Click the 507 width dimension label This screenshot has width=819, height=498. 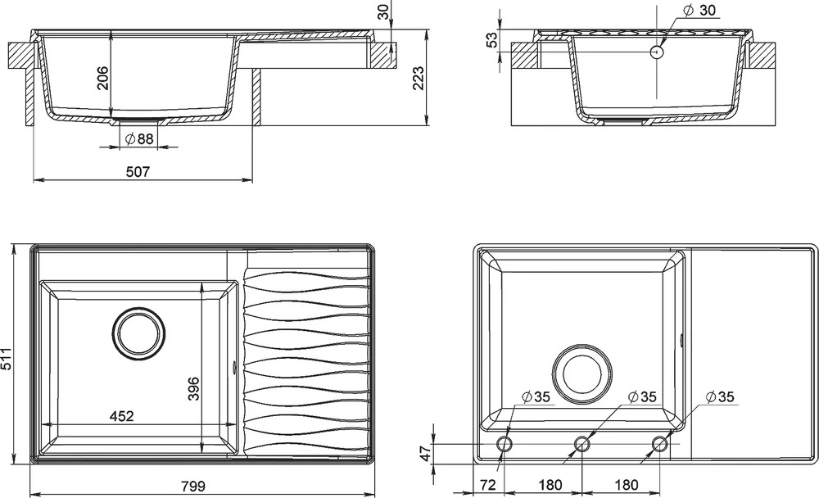[x=138, y=171]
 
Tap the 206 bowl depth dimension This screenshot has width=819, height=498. [x=102, y=78]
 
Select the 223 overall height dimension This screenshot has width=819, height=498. [x=419, y=78]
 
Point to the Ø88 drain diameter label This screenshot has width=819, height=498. [x=139, y=138]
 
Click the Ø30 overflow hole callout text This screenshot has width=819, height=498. [x=699, y=10]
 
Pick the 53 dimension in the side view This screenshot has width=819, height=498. [x=492, y=39]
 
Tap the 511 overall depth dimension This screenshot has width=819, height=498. [x=7, y=358]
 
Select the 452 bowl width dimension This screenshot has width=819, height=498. [x=122, y=416]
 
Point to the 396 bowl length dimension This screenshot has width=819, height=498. [x=193, y=388]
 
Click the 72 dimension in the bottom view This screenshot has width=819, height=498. [x=487, y=485]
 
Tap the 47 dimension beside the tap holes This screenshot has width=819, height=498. [x=426, y=453]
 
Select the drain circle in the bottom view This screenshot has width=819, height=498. [x=581, y=373]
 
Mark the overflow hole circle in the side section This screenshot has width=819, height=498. [x=657, y=52]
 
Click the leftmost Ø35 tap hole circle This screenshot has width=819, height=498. [x=504, y=444]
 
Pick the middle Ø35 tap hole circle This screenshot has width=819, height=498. [x=581, y=444]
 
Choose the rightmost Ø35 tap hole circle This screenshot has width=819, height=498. [x=659, y=444]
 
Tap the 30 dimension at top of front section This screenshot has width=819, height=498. [x=384, y=11]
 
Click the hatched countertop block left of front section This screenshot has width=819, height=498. [x=21, y=56]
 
